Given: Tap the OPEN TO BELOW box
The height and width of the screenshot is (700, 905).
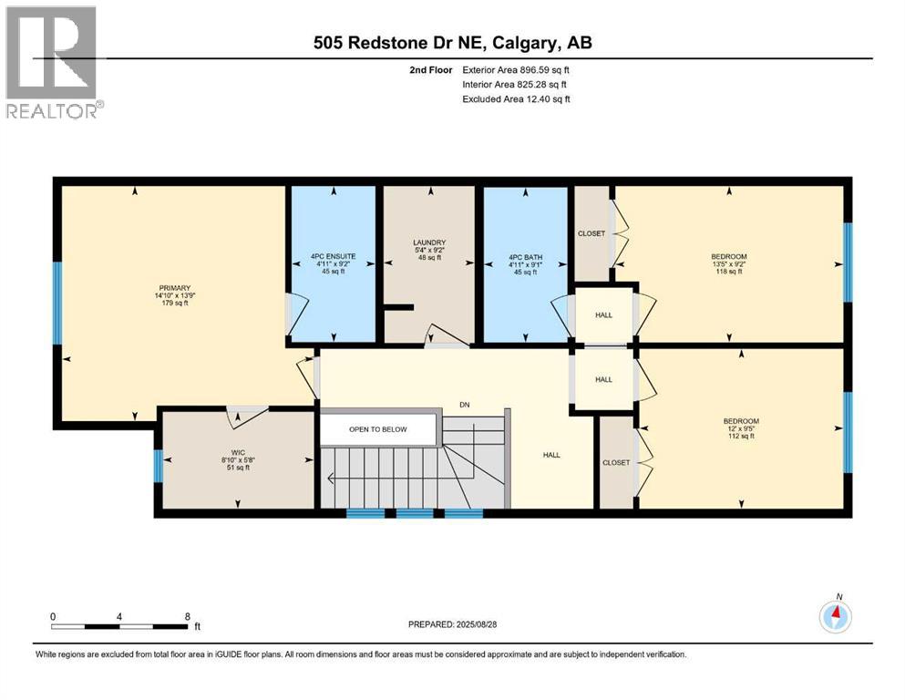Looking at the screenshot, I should (377, 429).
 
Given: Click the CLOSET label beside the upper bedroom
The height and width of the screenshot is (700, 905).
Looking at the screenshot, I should (591, 233).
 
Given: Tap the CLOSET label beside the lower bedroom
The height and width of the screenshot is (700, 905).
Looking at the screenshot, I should (616, 462).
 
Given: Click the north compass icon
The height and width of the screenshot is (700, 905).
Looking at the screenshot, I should (835, 616).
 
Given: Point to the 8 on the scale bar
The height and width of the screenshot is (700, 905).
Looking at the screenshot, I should (187, 616).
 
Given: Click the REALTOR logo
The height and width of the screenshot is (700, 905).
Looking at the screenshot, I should (53, 62).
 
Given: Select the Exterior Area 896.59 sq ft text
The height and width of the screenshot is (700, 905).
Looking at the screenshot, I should (518, 69).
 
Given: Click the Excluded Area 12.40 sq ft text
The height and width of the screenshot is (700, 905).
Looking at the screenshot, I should (518, 98).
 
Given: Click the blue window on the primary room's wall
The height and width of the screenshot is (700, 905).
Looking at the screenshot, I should (57, 304).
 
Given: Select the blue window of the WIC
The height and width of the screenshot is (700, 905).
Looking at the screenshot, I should (158, 467).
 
